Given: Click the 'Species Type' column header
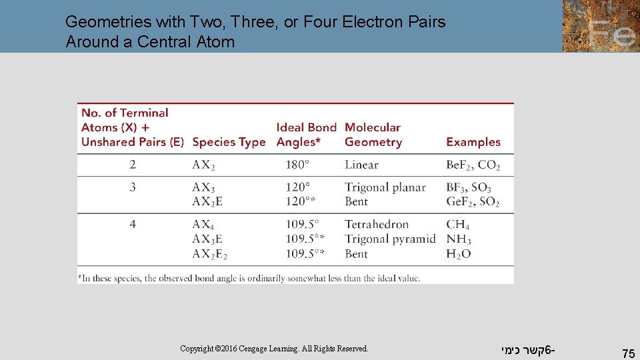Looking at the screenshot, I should (x=228, y=142).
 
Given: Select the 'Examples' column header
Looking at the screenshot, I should (x=473, y=142).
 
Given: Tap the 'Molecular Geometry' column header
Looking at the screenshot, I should (x=373, y=135).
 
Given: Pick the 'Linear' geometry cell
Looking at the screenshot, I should (x=361, y=165).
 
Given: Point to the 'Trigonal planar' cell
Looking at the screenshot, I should (x=385, y=187).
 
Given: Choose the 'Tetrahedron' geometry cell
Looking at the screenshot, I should (x=377, y=224).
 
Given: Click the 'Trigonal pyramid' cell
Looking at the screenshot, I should (x=390, y=239).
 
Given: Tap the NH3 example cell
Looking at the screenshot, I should (x=459, y=239).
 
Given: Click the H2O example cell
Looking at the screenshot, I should (x=459, y=254).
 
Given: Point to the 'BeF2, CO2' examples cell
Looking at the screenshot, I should (x=473, y=165).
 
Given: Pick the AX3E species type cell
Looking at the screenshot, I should (x=207, y=239).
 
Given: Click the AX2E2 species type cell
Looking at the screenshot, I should (x=210, y=254).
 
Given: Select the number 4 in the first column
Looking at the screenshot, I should (x=133, y=224).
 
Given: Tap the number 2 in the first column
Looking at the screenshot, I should (x=133, y=165).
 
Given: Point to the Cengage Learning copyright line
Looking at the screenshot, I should (x=274, y=349).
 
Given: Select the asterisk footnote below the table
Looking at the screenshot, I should (x=249, y=277).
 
